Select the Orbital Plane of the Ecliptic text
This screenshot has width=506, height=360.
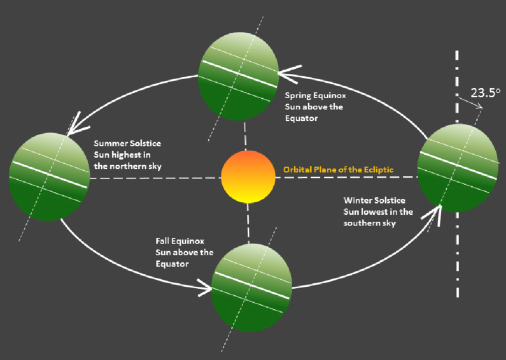point(338,170)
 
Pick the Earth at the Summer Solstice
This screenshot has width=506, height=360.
point(49,177)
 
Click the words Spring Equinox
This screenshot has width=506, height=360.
point(315,95)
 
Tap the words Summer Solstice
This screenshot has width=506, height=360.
point(127,144)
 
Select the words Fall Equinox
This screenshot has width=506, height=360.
point(179,242)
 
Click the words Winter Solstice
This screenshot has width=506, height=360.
point(373,201)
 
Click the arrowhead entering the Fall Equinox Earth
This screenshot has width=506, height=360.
point(204,290)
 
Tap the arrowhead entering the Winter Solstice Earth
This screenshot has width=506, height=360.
point(434,213)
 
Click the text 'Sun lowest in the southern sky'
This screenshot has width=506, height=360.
point(377,217)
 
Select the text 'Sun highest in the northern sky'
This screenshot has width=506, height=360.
point(127,161)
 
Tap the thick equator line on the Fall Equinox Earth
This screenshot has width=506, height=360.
point(252,281)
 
